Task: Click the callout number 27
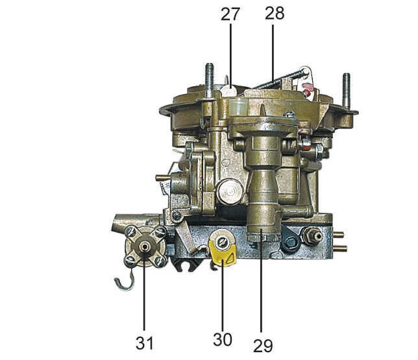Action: (230, 14)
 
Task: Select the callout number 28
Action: (275, 13)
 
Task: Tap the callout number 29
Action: (263, 346)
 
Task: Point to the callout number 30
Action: (223, 340)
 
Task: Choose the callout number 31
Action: (145, 343)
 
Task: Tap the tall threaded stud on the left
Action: (210, 80)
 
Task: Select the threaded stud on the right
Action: (347, 91)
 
